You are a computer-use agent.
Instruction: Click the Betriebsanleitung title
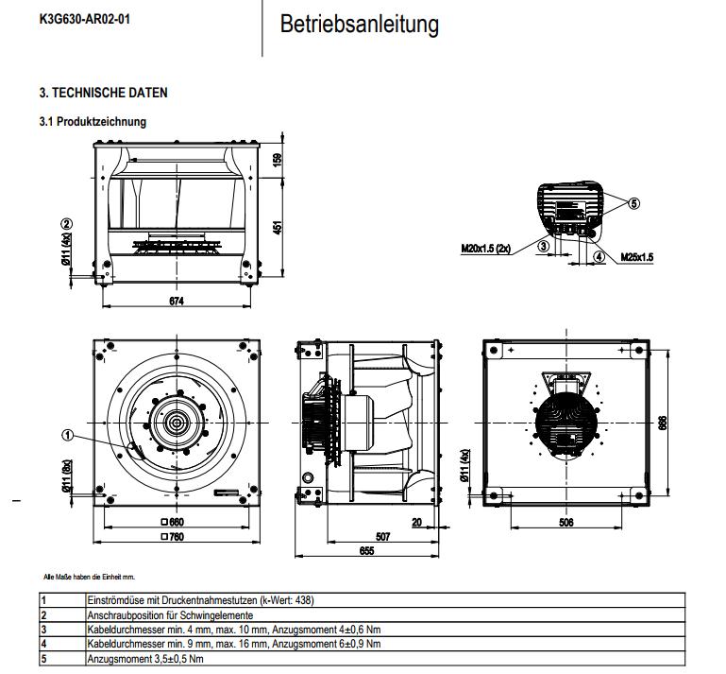coord(359,25)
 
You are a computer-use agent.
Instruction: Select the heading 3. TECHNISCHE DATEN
coord(103,93)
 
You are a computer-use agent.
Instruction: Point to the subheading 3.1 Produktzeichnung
coord(92,122)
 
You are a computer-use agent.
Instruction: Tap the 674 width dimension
coord(176,301)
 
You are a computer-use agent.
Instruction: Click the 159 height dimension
coord(278,160)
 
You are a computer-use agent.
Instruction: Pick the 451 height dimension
coord(278,228)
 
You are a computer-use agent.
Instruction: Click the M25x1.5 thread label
coord(637,256)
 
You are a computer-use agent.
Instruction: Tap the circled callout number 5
coord(634,203)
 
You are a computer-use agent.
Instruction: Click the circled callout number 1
coord(67,436)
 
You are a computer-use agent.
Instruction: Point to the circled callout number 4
coord(599,255)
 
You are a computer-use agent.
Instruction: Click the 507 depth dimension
coord(382,536)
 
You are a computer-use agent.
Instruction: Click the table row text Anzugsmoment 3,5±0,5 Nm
coord(145,658)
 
